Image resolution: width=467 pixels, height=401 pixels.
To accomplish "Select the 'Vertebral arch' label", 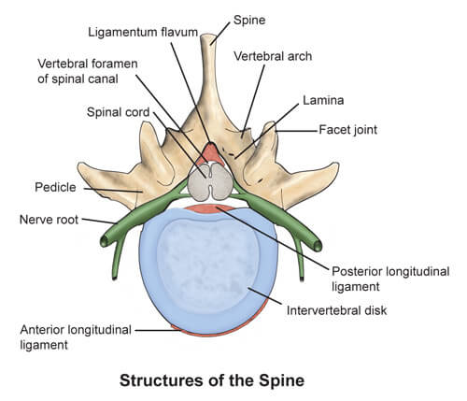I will point(273,56).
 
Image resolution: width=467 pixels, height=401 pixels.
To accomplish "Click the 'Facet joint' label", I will point(347,130).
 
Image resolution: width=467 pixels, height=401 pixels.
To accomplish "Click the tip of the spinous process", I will point(216,37).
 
